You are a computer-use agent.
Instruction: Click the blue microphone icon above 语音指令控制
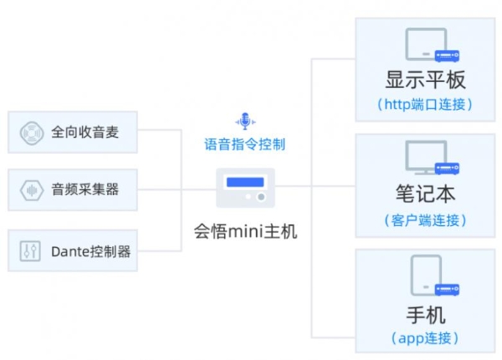point(244,122)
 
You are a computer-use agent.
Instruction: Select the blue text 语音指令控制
point(245,144)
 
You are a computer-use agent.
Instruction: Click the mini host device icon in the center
point(245,188)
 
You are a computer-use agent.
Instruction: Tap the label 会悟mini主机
point(245,230)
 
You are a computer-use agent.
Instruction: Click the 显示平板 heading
point(425,80)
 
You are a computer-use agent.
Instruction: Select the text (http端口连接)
point(425,105)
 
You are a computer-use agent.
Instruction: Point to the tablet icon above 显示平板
point(430,44)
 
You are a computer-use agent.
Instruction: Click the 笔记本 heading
point(425,194)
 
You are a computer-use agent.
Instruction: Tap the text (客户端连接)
point(425,220)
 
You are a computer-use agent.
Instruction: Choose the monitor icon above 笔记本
point(430,157)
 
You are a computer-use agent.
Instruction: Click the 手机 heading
point(425,315)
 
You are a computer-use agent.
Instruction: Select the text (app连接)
point(425,338)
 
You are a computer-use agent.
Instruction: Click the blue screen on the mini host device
point(244,182)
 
